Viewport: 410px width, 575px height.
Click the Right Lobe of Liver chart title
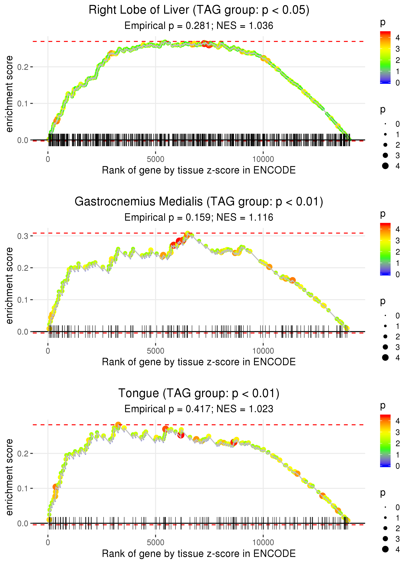click(199, 10)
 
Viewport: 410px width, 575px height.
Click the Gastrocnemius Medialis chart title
click(199, 202)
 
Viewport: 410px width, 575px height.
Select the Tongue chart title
click(199, 393)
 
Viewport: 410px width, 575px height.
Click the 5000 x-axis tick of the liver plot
click(155, 159)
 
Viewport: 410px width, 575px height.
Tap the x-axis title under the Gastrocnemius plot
click(199, 362)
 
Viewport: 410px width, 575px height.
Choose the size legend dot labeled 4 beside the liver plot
click(385, 166)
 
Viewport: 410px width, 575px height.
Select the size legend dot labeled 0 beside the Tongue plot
click(385, 507)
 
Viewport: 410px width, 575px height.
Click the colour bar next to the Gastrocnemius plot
click(385, 249)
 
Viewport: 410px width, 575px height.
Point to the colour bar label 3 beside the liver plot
click(398, 49)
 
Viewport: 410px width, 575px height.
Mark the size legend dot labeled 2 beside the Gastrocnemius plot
click(385, 337)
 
